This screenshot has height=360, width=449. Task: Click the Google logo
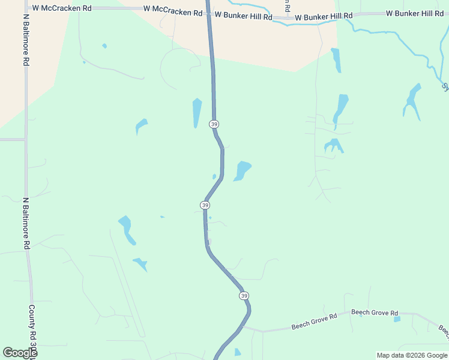(20, 353)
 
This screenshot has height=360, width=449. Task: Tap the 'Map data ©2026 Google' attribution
(412, 355)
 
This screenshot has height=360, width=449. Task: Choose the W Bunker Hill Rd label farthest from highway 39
(415, 13)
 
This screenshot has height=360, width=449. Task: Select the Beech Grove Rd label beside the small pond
(375, 313)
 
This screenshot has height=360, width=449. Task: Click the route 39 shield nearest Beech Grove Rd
(243, 296)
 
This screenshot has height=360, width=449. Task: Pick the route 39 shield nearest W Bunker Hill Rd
(214, 124)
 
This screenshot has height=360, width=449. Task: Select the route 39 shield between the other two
(205, 205)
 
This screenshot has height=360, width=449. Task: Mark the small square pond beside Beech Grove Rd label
(397, 319)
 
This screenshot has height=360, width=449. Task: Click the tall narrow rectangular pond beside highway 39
(197, 113)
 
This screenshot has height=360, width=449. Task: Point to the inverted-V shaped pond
(333, 145)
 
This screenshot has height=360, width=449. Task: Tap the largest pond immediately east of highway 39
(243, 170)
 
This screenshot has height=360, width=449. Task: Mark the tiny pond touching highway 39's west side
(214, 176)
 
